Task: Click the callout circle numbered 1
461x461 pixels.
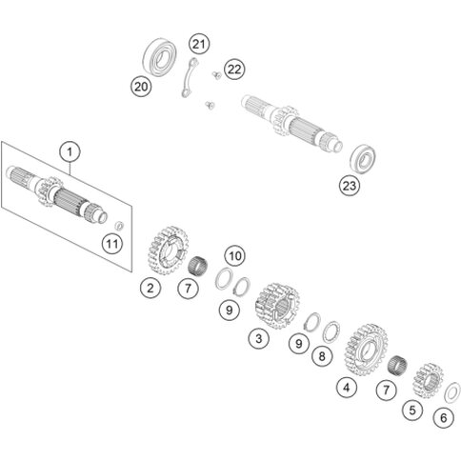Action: click(70, 152)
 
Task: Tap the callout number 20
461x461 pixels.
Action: click(141, 87)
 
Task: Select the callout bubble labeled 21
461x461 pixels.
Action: click(199, 44)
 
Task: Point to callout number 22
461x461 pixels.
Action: click(234, 70)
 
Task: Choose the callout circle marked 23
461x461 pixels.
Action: click(350, 186)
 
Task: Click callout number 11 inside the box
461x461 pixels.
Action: click(112, 244)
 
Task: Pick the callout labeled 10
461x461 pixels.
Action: click(235, 255)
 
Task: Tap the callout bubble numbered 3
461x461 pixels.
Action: click(259, 338)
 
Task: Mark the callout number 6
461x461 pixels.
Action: click(444, 418)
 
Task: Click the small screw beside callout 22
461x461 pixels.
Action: click(216, 75)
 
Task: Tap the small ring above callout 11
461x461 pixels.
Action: click(119, 226)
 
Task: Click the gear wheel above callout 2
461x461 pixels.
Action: click(169, 251)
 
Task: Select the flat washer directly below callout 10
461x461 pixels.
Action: click(224, 279)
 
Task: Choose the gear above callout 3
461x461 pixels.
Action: click(277, 306)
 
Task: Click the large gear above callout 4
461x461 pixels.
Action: click(366, 350)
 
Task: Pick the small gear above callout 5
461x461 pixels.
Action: click(428, 381)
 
